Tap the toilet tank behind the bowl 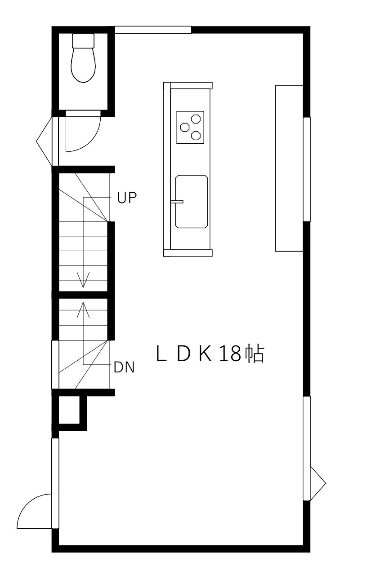[83, 41]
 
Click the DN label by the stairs [124, 367]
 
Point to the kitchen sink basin [192, 202]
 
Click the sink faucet [177, 202]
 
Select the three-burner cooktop [190, 127]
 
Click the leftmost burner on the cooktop [185, 127]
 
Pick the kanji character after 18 [255, 354]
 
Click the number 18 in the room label [230, 354]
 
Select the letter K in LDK [205, 354]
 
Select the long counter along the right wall [289, 168]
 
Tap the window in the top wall [153, 30]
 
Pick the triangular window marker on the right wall [318, 483]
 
